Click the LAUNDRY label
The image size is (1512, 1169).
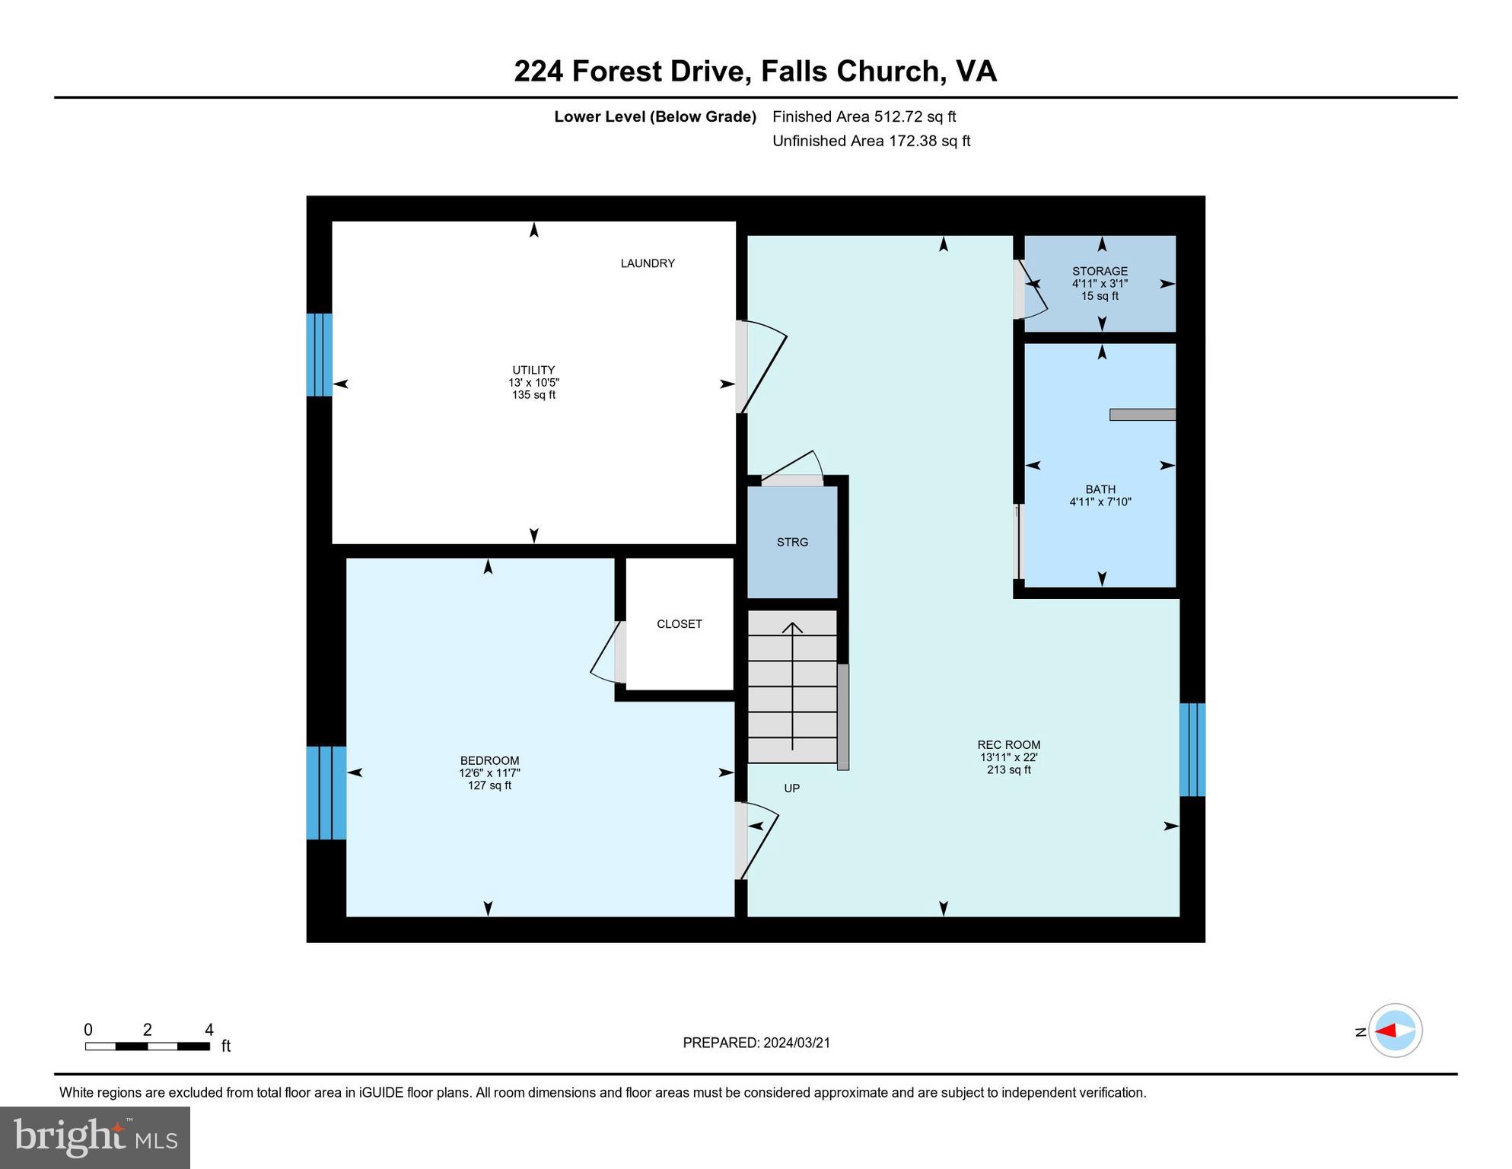[648, 263]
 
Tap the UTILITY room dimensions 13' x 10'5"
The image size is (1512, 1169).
[533, 383]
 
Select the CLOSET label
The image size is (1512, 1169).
[679, 624]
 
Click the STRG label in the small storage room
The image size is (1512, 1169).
[792, 543]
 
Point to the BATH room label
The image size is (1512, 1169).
[1100, 489]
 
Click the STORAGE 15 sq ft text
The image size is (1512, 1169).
[1100, 296]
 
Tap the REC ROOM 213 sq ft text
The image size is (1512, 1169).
[1009, 769]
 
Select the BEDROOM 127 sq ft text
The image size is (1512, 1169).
[489, 785]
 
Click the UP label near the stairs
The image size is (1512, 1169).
[791, 788]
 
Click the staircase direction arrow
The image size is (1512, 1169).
[793, 685]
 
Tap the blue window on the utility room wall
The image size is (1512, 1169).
[319, 355]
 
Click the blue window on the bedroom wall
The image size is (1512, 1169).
[326, 793]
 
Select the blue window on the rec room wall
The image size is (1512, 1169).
[1192, 750]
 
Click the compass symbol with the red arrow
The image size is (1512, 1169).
[1395, 1030]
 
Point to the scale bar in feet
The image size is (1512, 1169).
[148, 1046]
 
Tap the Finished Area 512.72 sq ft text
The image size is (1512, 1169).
[864, 116]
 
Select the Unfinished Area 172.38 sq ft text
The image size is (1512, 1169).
[871, 141]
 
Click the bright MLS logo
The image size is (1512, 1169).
[95, 1137]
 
